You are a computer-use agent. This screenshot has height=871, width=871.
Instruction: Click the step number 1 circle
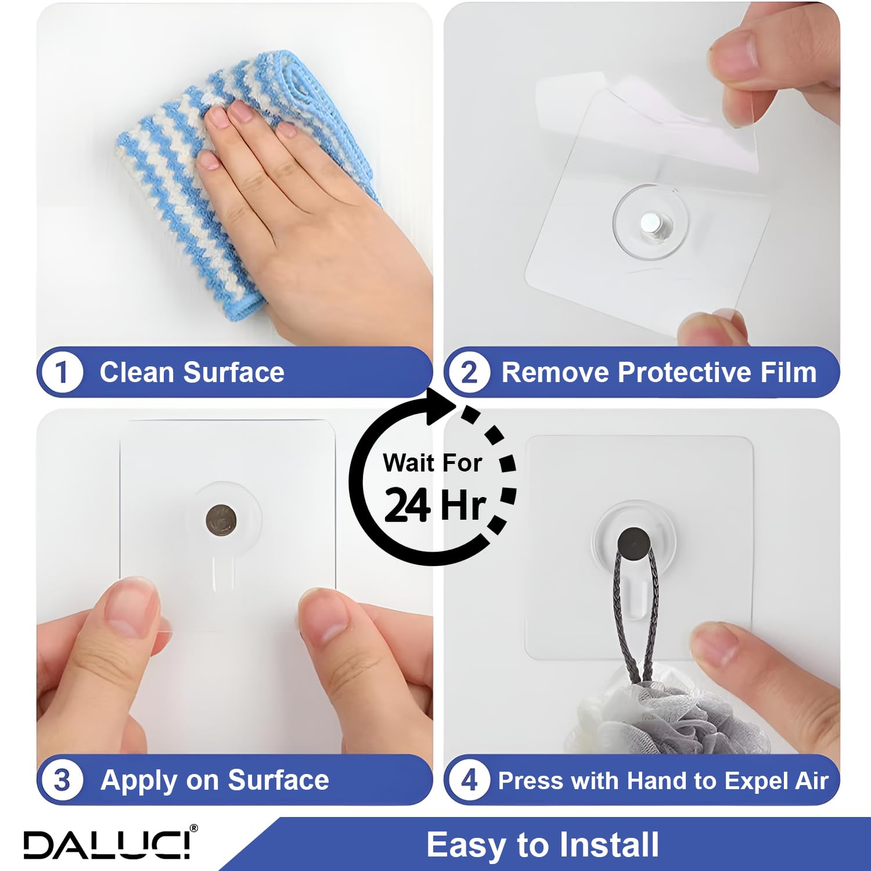click(x=62, y=372)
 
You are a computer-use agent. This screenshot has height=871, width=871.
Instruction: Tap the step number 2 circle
click(x=469, y=372)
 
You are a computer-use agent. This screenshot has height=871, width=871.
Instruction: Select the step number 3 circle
click(x=62, y=780)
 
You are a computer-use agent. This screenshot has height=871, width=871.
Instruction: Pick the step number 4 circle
click(x=469, y=780)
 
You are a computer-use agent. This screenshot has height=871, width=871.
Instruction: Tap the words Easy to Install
click(x=543, y=845)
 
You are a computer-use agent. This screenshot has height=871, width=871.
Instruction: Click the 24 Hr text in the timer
click(x=434, y=505)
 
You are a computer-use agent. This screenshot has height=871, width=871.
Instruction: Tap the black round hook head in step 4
click(x=634, y=544)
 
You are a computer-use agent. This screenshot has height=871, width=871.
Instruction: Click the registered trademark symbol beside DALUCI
click(x=194, y=827)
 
